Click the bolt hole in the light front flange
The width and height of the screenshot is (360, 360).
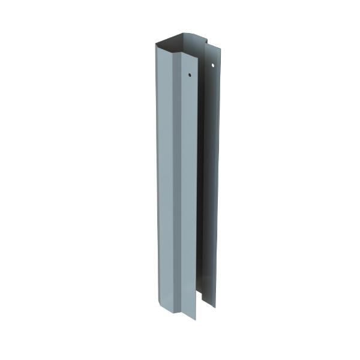[x=189, y=76]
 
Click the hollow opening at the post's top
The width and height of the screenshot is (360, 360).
[x=180, y=46]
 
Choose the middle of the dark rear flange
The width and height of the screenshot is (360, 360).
[x=211, y=180]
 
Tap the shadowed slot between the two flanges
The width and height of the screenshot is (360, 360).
[x=201, y=180]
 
